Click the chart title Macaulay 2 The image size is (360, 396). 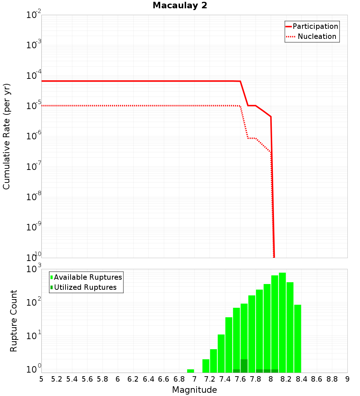[x=180, y=6]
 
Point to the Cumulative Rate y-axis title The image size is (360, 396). [x=6, y=136]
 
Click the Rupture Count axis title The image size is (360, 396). [x=14, y=320]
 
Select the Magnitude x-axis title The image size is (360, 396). [x=194, y=390]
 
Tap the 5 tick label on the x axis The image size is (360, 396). [x=41, y=379]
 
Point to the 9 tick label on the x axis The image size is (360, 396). [x=347, y=379]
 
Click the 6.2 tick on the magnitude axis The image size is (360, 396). [x=133, y=379]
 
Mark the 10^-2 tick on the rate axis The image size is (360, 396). [x=34, y=15]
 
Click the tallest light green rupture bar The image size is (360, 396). [x=282, y=322]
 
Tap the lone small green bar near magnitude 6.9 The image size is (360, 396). [x=190, y=371]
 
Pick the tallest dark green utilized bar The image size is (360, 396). [x=244, y=366]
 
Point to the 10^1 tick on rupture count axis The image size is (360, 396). [x=34, y=337]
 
